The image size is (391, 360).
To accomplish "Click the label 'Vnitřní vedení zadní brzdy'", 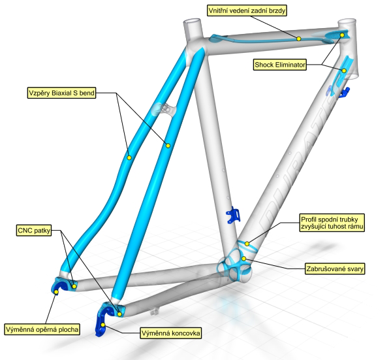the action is click(x=247, y=10).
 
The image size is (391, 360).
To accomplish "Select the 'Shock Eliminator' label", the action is click(x=280, y=65).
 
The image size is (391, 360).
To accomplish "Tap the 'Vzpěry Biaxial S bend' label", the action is click(x=61, y=93).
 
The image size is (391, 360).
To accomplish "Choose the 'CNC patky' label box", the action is click(x=34, y=230).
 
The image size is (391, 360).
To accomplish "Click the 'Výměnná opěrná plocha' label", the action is click(x=42, y=329).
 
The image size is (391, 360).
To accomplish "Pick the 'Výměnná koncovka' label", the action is click(x=171, y=333).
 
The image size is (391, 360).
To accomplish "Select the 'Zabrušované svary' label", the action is click(x=335, y=269).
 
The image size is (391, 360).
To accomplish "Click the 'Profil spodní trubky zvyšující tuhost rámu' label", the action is click(x=332, y=223).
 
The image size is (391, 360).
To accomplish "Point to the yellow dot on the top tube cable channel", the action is click(x=299, y=39).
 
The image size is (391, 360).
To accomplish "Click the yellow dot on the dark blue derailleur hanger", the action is click(x=102, y=325).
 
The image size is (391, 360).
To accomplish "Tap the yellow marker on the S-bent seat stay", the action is click(x=129, y=157).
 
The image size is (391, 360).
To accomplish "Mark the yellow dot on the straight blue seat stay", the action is click(x=168, y=146).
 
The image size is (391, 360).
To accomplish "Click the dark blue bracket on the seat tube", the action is click(x=233, y=215).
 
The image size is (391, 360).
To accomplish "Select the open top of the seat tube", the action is click(x=192, y=21).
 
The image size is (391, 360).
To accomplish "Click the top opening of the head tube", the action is click(x=347, y=21).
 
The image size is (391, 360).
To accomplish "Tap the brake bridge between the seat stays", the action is click(x=164, y=109).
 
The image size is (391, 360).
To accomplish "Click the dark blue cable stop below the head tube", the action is click(x=345, y=92).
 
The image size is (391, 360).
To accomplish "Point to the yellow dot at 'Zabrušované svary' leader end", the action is click(x=244, y=259).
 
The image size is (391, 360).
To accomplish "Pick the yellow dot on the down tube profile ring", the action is click(x=247, y=244).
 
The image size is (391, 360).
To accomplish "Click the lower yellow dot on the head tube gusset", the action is click(x=344, y=71).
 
